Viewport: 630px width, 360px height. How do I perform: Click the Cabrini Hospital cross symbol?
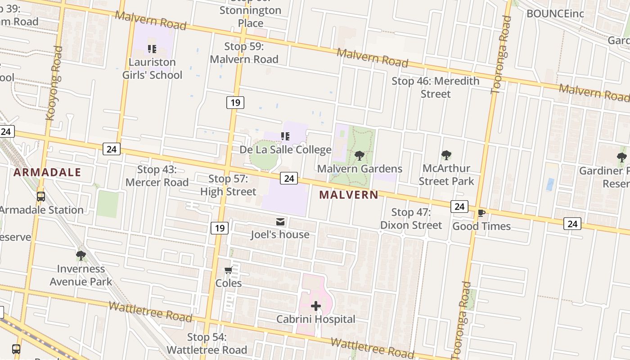(x=316, y=306)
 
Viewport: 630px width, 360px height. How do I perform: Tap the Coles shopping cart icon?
(x=228, y=270)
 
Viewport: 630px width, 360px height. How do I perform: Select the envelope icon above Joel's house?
(x=280, y=221)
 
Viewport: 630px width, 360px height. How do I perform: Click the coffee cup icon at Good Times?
(x=481, y=213)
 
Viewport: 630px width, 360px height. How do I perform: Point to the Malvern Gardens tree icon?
(x=359, y=156)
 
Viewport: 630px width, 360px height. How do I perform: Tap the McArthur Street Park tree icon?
(x=446, y=155)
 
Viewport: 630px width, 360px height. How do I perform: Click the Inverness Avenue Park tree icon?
(x=81, y=256)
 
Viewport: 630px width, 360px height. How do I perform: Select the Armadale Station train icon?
(x=41, y=197)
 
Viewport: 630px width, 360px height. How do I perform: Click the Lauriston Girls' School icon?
(x=152, y=49)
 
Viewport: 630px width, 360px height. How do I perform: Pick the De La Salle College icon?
(x=285, y=136)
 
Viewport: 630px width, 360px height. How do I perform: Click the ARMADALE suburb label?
(x=47, y=172)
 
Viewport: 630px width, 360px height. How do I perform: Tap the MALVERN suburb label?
(x=349, y=195)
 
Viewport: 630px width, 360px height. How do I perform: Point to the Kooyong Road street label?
(x=53, y=83)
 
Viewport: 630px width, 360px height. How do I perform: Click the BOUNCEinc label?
(x=555, y=13)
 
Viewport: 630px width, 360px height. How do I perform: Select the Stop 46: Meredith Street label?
(x=435, y=87)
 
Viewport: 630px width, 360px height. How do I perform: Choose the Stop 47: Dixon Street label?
(x=411, y=219)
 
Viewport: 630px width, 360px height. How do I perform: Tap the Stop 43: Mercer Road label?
(x=157, y=176)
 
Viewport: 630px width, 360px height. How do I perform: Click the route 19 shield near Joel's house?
(x=219, y=228)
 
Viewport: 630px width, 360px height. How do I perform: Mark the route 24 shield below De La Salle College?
(x=289, y=178)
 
